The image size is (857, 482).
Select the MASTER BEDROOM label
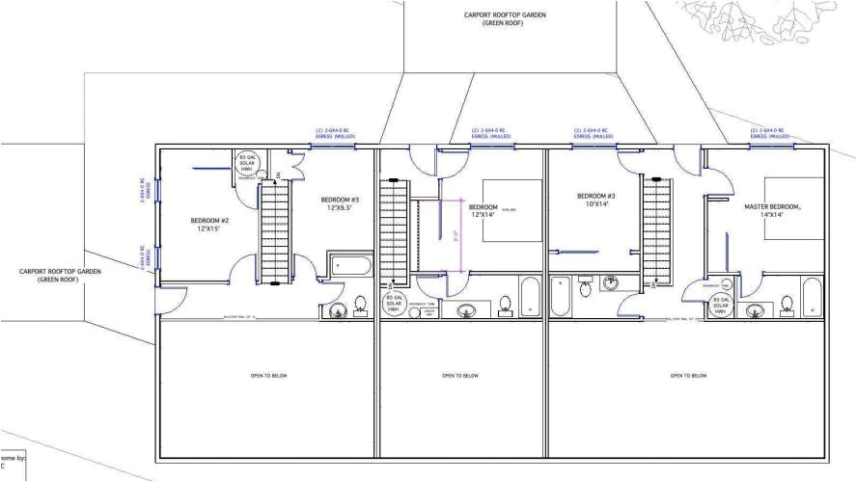773,206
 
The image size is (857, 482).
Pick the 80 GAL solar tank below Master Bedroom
722,306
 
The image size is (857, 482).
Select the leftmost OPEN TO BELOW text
266,375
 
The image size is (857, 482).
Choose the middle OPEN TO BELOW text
461,375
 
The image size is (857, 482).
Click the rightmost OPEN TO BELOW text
686,375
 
